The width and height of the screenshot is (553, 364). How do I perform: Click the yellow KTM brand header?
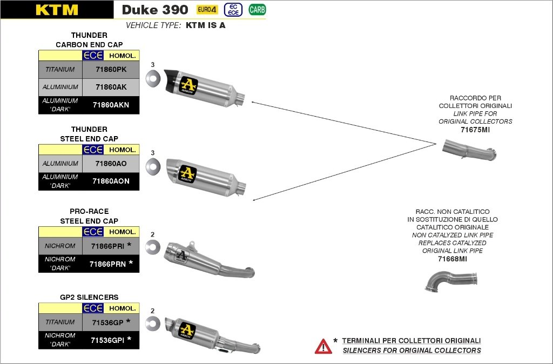tap(57, 10)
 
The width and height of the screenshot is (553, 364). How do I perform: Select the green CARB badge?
tap(257, 9)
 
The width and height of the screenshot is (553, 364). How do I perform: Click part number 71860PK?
tap(111, 70)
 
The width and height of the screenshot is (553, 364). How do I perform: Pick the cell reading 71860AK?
tap(111, 87)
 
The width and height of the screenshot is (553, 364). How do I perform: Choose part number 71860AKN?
tap(111, 105)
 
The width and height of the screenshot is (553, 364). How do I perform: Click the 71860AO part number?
tap(111, 164)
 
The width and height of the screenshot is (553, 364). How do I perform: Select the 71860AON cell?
tap(111, 181)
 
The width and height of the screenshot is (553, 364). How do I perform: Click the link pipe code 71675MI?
tap(475, 130)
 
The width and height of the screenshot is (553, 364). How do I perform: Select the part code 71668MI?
tap(452, 259)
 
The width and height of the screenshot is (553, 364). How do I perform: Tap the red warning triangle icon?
tap(323, 346)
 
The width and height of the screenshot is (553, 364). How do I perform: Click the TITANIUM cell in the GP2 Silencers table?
tap(60, 322)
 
